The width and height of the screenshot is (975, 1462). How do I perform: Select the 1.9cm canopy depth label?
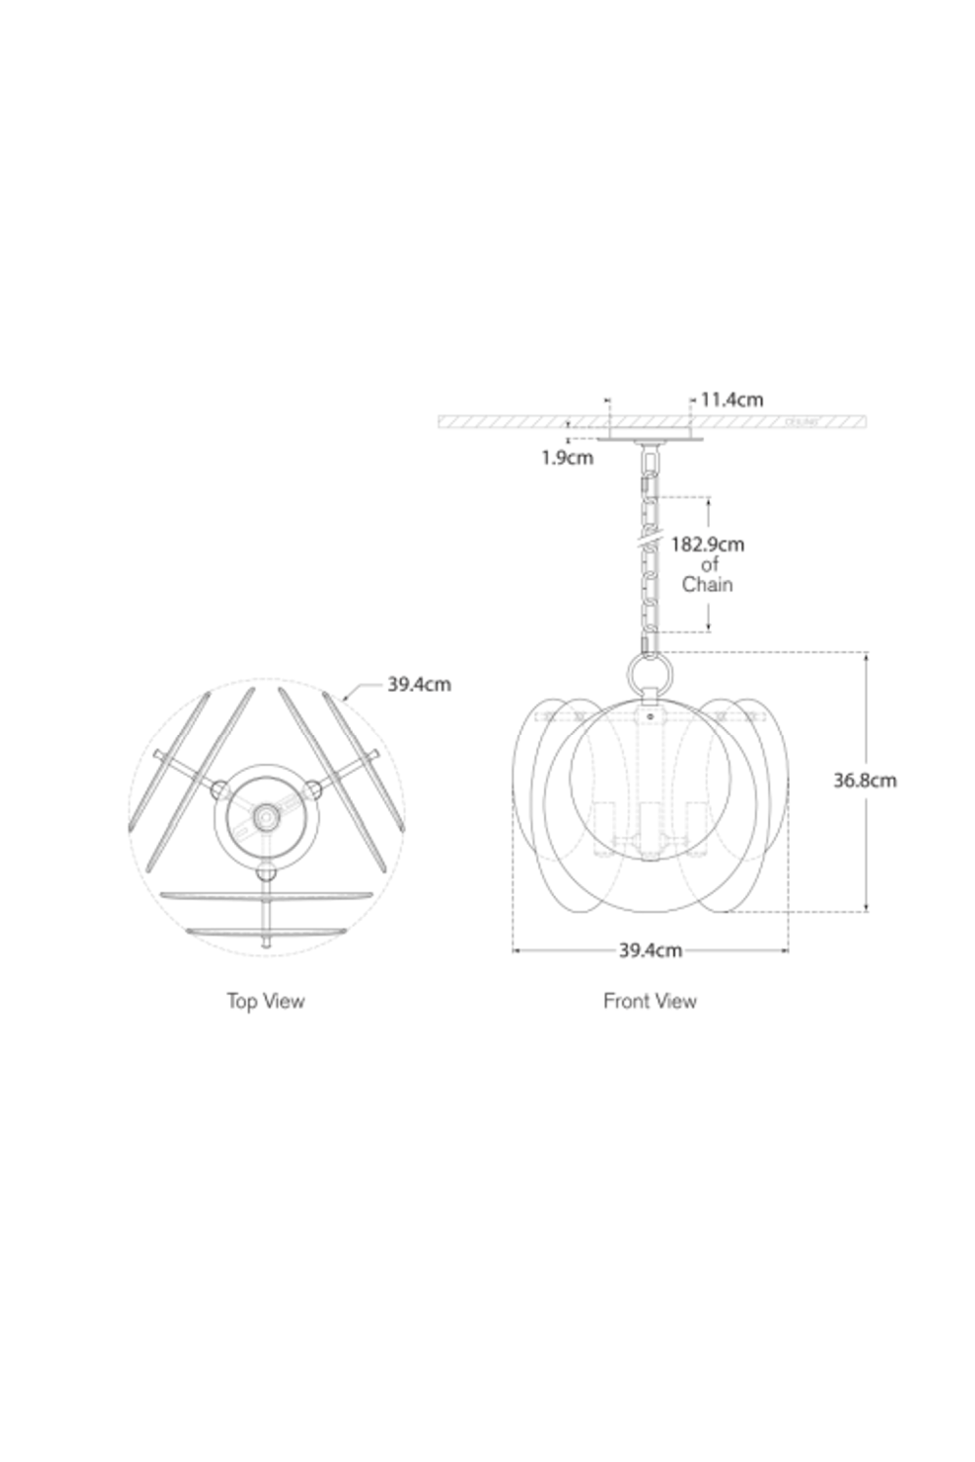tap(567, 457)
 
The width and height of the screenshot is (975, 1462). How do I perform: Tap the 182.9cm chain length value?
tap(707, 544)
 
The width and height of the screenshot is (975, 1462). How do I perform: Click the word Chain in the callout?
tap(707, 585)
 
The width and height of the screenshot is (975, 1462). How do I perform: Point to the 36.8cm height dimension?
tap(864, 780)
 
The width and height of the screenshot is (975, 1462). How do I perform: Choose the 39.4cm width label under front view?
tap(649, 950)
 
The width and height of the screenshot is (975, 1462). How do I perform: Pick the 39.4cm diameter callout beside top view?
tap(419, 684)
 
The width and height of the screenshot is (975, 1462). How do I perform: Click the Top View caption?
tap(265, 1001)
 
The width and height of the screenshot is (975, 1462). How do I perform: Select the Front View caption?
tap(649, 1001)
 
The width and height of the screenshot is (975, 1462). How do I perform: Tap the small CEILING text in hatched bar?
tap(800, 423)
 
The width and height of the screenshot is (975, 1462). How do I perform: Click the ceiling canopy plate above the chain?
tap(649, 439)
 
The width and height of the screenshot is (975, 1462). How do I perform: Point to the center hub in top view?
tap(262, 811)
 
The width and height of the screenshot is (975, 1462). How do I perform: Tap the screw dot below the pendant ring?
tap(649, 714)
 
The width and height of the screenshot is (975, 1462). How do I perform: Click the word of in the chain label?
tap(709, 564)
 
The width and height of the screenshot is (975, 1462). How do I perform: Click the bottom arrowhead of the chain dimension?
tap(709, 629)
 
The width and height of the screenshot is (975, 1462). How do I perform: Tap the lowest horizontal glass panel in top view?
tap(266, 930)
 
